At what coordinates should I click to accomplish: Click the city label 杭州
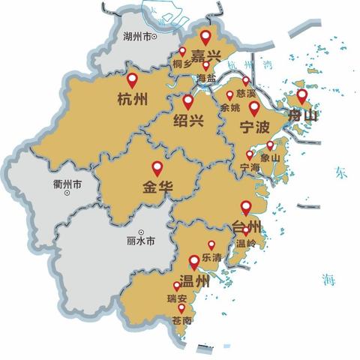(x=132, y=98)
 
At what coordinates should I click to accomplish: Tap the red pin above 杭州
(x=133, y=79)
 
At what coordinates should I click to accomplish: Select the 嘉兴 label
(x=205, y=55)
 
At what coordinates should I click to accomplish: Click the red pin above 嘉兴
(x=205, y=34)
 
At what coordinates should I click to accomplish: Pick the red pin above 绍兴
(x=187, y=100)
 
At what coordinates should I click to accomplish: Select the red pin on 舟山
(x=301, y=95)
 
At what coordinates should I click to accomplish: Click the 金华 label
(x=157, y=187)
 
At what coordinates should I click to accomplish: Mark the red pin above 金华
(x=157, y=167)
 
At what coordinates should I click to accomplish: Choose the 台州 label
(x=246, y=226)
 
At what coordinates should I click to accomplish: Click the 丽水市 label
(x=142, y=241)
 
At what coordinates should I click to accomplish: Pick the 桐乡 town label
(x=182, y=65)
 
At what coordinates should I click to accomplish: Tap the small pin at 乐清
(x=211, y=244)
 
